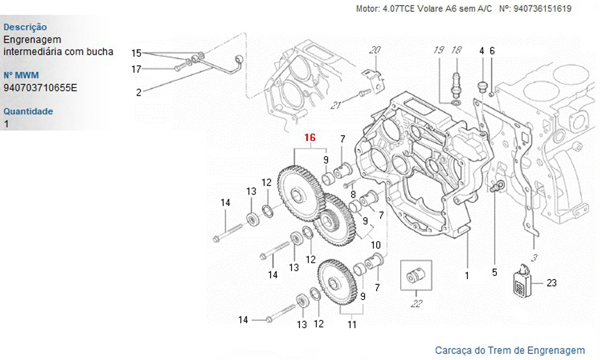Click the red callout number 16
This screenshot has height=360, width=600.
click(x=310, y=138)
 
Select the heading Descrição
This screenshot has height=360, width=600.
click(x=25, y=27)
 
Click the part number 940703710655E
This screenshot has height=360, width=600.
click(x=40, y=88)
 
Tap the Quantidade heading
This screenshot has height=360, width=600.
click(x=28, y=111)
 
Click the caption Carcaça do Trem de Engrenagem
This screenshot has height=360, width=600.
click(x=509, y=350)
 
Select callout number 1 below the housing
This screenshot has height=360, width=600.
click(x=467, y=276)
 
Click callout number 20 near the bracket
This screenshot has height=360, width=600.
click(x=374, y=50)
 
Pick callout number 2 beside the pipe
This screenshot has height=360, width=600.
click(x=139, y=92)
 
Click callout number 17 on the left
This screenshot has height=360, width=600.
click(x=136, y=69)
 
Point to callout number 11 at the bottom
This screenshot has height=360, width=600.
click(x=352, y=325)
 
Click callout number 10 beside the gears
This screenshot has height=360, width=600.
click(x=376, y=245)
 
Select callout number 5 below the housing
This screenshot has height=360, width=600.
click(x=494, y=272)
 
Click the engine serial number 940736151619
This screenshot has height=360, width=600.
click(x=542, y=9)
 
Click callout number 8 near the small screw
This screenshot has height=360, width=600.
click(x=353, y=194)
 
